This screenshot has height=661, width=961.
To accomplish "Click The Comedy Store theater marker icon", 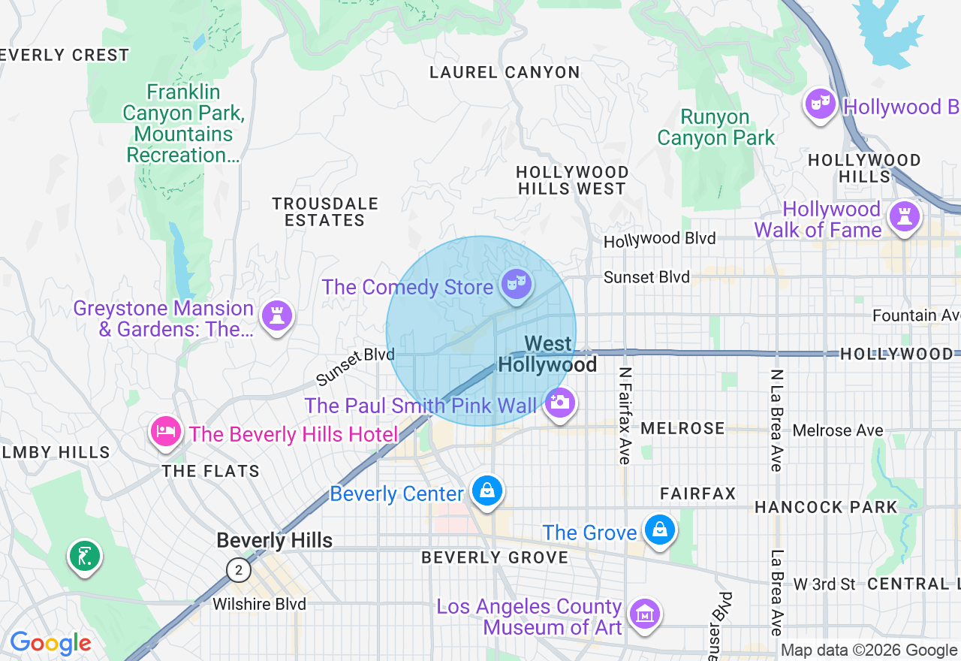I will (517, 284).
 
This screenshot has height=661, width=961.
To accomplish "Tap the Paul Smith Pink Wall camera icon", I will (559, 403).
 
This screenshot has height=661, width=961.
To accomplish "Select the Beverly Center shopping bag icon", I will (487, 491).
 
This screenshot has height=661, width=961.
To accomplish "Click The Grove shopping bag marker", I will (659, 530).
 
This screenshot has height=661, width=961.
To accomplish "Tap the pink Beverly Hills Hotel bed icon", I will (165, 431).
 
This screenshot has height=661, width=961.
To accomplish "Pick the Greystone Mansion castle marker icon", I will (276, 315).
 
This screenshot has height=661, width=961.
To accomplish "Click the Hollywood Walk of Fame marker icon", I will (904, 216).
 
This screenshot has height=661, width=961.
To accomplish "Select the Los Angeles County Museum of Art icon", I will (644, 614).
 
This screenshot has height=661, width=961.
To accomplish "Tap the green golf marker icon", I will (84, 557).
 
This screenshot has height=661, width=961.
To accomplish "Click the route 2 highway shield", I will (238, 570).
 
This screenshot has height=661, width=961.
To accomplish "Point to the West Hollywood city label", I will (548, 355).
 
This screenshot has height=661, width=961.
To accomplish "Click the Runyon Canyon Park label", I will (715, 128).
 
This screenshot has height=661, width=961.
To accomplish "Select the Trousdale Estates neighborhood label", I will (325, 212).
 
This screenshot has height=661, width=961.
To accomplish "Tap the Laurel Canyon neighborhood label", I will (505, 73).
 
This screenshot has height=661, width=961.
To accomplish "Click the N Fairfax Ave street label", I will (624, 415).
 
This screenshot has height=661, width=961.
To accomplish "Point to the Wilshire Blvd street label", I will (259, 604).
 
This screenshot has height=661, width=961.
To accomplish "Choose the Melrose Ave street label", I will (838, 430).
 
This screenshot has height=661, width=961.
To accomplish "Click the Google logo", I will (50, 643).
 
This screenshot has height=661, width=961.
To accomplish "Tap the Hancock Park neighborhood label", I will (826, 507).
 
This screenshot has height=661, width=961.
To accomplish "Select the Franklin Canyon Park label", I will (184, 123).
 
